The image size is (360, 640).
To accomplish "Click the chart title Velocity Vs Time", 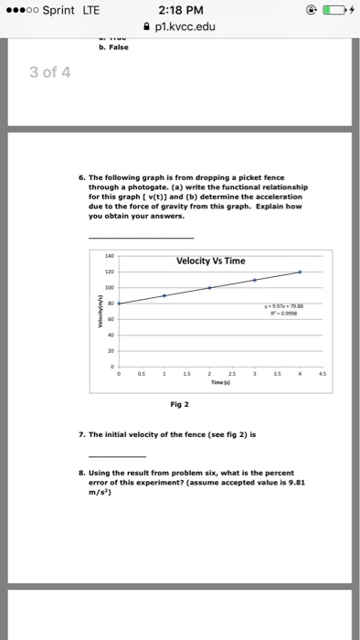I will pos(211,261).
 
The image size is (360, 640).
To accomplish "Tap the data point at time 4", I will pos(301,272).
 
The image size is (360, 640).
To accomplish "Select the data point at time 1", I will pos(164,295).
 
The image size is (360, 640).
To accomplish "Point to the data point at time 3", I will pos(255,280).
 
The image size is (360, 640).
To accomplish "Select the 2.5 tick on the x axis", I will pos(232,374).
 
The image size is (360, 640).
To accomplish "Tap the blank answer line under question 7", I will pos(116,455).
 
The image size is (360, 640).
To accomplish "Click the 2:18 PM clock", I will pos(179,11).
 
